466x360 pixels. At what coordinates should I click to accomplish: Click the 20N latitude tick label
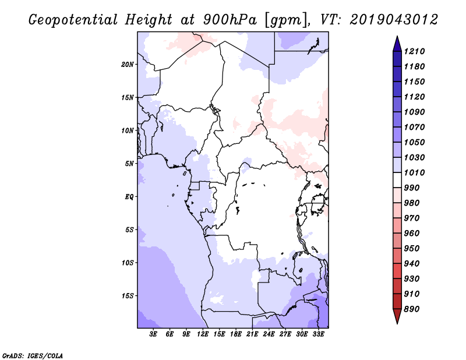(x=128, y=65)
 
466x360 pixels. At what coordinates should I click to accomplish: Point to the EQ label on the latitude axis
(x=129, y=197)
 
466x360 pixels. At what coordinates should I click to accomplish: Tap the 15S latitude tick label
(x=128, y=296)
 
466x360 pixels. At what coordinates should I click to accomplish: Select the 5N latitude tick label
(x=129, y=164)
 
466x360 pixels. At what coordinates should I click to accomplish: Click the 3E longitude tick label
(x=153, y=334)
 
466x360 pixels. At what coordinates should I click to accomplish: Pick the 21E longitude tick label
(x=252, y=334)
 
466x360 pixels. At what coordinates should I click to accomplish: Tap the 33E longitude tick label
(x=318, y=334)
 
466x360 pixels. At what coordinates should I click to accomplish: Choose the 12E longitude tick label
(x=202, y=334)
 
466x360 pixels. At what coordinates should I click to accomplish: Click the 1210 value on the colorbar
(x=414, y=51)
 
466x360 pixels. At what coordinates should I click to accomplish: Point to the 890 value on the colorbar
(x=411, y=309)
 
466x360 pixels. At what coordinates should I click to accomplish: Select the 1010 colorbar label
(x=414, y=172)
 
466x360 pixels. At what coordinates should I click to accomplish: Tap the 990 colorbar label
(x=411, y=188)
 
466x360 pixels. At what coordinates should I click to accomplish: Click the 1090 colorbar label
(x=414, y=112)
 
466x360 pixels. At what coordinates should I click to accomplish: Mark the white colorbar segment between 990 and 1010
(x=397, y=180)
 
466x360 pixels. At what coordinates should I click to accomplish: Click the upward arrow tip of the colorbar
(x=397, y=36)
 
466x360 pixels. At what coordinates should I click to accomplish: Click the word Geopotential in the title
(x=73, y=20)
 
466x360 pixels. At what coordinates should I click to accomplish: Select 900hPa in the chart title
(x=230, y=20)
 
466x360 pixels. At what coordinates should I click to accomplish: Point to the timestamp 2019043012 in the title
(x=394, y=20)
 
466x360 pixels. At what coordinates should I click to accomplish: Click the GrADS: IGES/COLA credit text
(x=33, y=356)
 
